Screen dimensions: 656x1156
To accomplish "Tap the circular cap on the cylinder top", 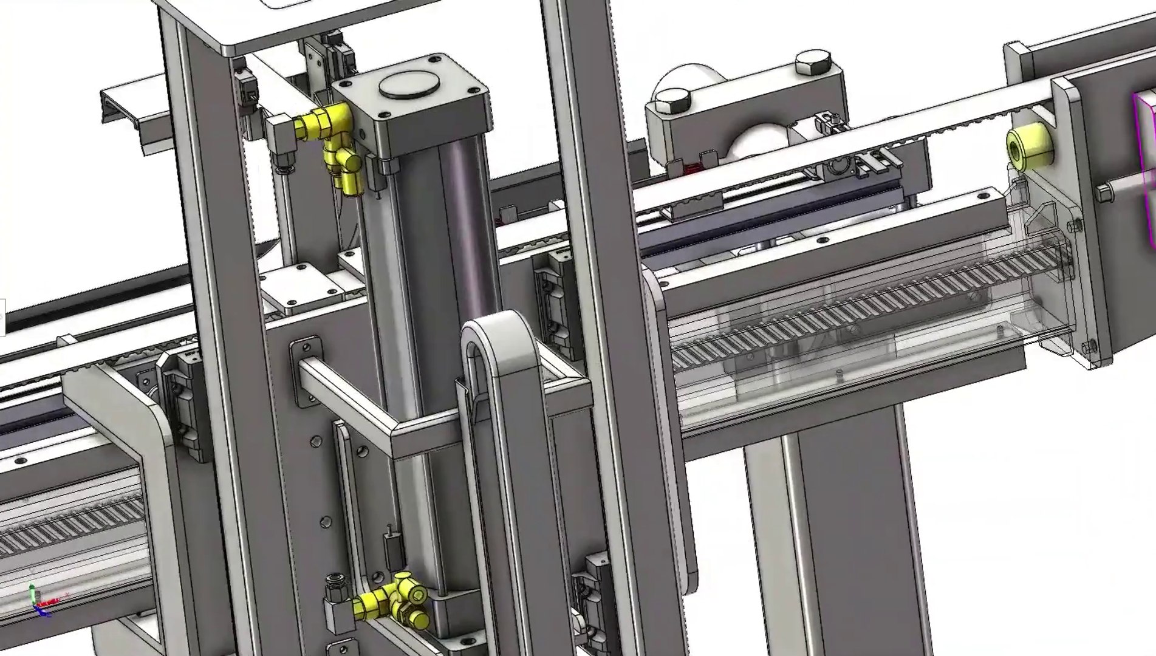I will [x=409, y=84].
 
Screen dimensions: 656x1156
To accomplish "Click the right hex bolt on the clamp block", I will [x=812, y=62].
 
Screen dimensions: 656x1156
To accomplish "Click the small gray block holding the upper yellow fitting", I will [x=281, y=137].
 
